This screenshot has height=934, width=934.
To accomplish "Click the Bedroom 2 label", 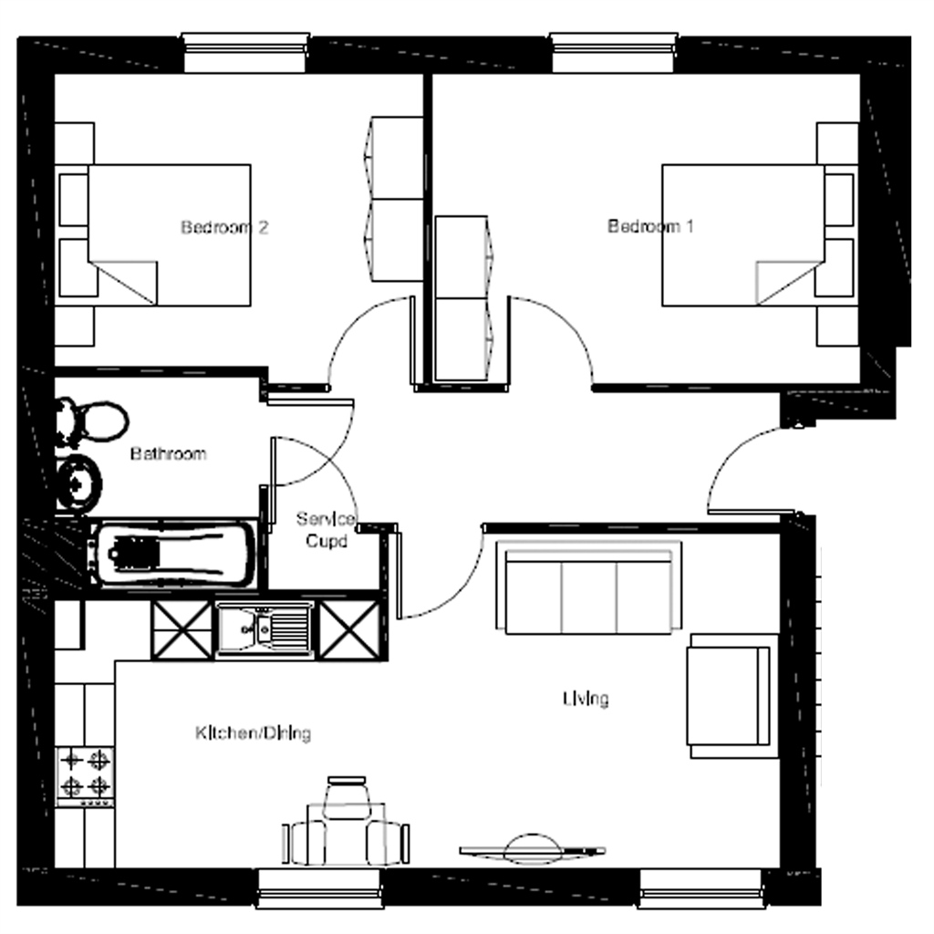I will [223, 227].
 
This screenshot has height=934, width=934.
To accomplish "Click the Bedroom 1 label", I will [650, 226].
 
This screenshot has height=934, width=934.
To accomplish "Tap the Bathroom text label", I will [168, 453].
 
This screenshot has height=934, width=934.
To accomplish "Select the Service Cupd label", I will [324, 530].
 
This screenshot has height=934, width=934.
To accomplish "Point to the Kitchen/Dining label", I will [253, 732].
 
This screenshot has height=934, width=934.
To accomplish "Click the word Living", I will [585, 699].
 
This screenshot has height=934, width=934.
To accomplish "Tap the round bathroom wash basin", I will [78, 481].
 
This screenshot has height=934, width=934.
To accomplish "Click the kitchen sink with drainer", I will [265, 628].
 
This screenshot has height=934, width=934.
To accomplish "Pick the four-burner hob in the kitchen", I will [85, 773].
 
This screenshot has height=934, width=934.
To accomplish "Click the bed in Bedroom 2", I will [169, 234].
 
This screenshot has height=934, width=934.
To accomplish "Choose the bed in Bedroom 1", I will [743, 234].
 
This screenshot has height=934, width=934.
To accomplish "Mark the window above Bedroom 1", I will [613, 53].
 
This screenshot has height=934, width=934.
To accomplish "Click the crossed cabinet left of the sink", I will [181, 629].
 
